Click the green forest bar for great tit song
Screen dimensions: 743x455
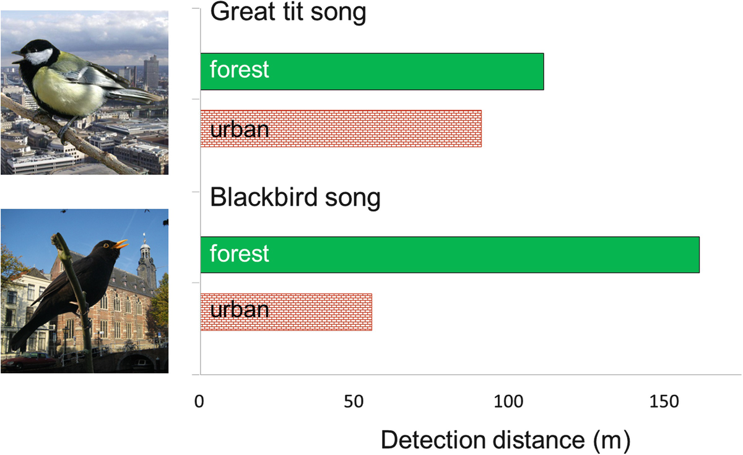(372, 71)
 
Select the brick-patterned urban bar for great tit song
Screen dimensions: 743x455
(341, 128)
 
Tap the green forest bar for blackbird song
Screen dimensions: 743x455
(450, 255)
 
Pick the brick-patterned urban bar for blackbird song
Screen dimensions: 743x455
(286, 312)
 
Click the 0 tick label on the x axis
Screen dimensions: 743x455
(199, 402)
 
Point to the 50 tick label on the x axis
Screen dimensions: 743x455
(354, 402)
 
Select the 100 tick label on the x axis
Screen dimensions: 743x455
(508, 402)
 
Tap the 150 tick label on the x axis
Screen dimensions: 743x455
(664, 402)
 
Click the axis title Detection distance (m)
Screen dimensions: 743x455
(505, 440)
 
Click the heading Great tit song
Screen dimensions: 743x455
(288, 12)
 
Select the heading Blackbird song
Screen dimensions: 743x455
(295, 197)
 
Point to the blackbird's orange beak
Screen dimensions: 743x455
(120, 244)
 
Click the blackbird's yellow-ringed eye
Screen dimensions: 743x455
(106, 245)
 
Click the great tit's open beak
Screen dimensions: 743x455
(18, 57)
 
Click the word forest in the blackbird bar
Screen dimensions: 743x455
(239, 254)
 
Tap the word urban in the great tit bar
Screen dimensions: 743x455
(239, 130)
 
